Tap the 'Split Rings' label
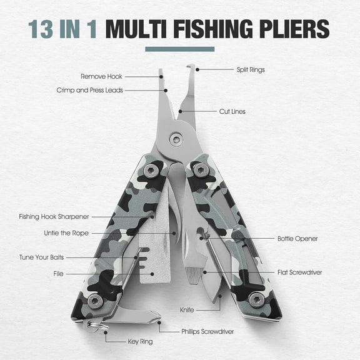point(250,69)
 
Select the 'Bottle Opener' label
point(297,239)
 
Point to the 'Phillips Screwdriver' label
point(207,331)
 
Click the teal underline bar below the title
point(179,49)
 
